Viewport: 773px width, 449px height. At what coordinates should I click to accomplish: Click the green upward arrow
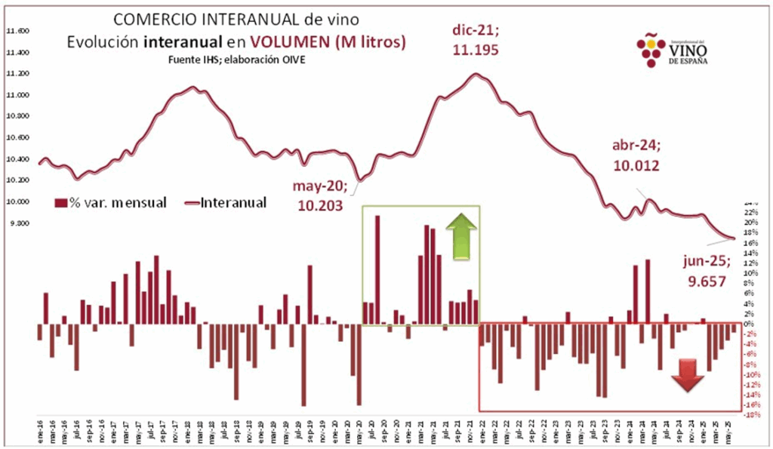[460, 237]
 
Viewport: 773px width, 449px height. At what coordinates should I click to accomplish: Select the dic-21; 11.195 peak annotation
[476, 40]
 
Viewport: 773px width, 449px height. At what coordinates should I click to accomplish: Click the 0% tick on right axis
[750, 324]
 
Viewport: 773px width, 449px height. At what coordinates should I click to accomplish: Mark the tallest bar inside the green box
[377, 270]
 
